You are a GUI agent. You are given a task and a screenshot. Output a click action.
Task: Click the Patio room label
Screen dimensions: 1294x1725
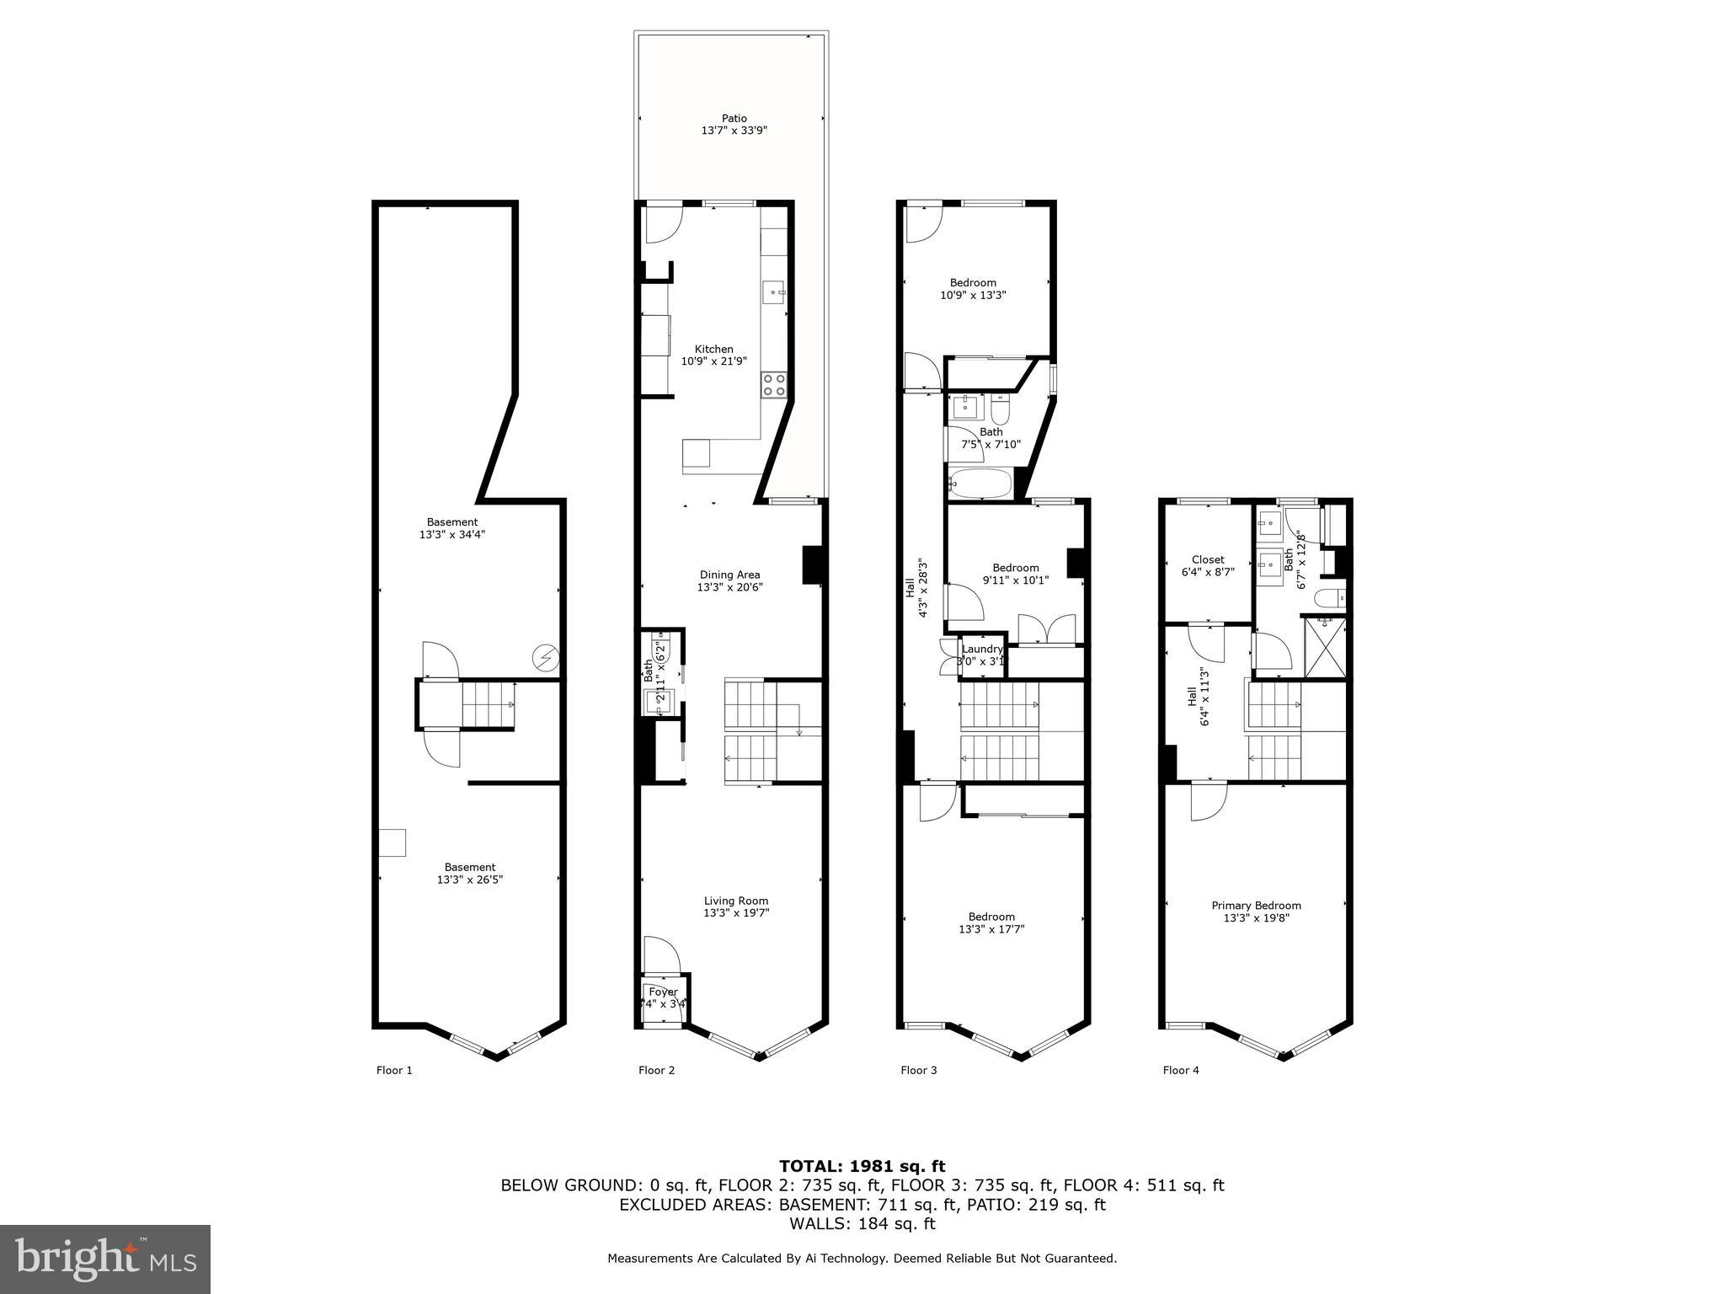tap(734, 119)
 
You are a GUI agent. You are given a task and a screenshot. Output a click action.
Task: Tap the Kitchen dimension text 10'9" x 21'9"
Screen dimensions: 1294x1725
tap(713, 361)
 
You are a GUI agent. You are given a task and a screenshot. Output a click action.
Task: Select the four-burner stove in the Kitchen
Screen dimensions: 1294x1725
tap(774, 385)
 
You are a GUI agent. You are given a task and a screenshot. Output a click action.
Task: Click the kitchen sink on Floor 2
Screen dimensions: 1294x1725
tap(774, 292)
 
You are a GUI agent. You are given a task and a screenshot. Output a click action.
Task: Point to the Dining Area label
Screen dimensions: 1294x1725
tap(729, 575)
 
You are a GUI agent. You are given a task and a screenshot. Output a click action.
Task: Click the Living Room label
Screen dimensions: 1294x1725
tap(736, 901)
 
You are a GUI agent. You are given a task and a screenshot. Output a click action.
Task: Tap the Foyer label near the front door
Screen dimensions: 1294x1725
tap(663, 992)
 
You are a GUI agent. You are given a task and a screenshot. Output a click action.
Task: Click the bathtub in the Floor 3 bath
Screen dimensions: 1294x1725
tap(980, 484)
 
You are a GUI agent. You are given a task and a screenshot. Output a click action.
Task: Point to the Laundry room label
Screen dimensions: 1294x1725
tap(982, 649)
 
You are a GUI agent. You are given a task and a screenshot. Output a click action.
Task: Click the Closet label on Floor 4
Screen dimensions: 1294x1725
tap(1208, 559)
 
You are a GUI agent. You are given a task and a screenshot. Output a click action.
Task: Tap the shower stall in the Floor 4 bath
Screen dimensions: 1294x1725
tap(1325, 647)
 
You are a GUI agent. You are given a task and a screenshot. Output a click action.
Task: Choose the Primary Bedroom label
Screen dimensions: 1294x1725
tap(1256, 906)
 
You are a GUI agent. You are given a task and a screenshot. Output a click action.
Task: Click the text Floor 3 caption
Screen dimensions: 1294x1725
tap(918, 1071)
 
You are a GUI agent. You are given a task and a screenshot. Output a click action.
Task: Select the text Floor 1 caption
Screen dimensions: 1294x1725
tap(394, 1071)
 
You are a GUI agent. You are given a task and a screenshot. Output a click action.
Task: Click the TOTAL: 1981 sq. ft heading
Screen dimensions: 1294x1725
tap(862, 1166)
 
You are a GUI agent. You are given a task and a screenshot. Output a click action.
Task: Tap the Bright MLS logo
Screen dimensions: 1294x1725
tap(105, 1259)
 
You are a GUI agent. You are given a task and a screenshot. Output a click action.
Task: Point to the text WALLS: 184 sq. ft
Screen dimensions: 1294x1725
tap(862, 1224)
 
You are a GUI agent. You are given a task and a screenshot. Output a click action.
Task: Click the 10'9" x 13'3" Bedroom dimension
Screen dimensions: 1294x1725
tap(973, 296)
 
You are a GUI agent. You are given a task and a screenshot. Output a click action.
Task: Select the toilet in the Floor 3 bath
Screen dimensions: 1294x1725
tap(1000, 410)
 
